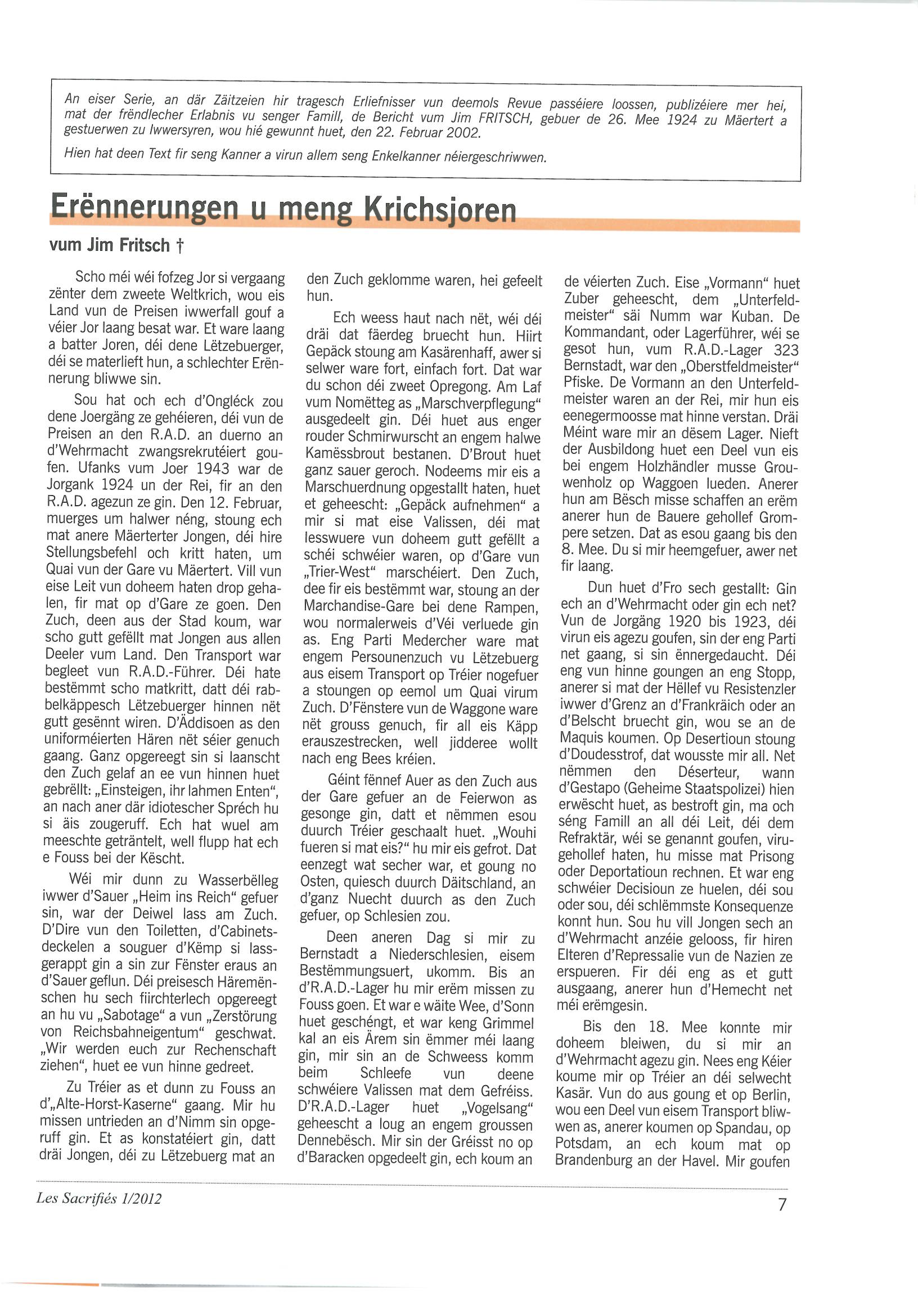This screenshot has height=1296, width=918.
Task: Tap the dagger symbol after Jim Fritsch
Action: point(180,245)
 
